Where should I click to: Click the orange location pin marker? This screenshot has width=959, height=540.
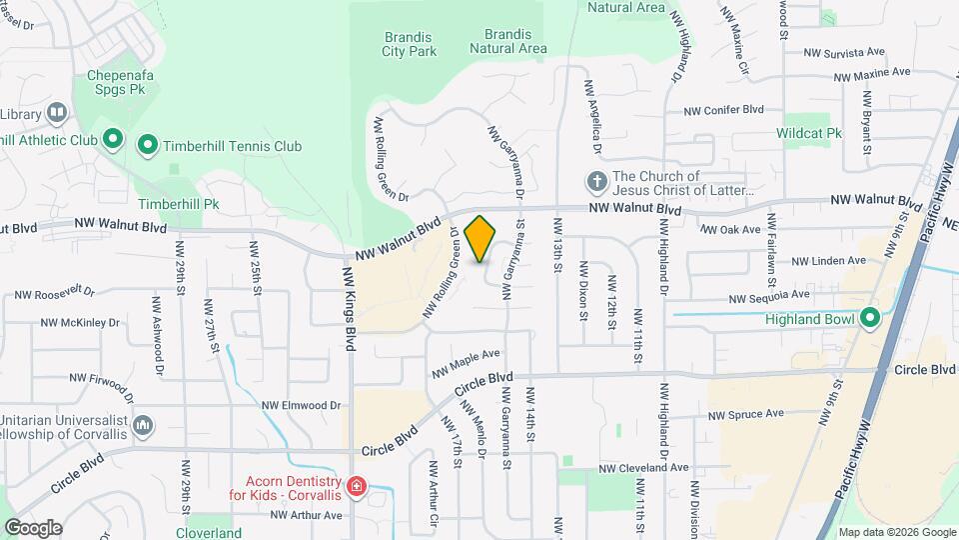point(480,238)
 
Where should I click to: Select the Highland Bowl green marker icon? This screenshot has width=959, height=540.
point(869,319)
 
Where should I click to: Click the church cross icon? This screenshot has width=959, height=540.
point(596,182)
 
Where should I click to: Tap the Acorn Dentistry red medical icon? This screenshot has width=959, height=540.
point(357,487)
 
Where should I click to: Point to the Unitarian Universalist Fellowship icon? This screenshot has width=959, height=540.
point(143,426)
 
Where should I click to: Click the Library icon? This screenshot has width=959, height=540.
point(56,114)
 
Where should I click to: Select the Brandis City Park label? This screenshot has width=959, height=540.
point(411,43)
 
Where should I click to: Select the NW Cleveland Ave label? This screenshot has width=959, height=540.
point(644,467)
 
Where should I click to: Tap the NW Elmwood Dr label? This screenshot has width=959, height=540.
point(301,405)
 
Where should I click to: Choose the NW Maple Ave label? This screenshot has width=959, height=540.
point(466,363)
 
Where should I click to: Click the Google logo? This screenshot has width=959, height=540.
point(32,527)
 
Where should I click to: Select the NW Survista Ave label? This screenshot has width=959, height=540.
point(845,51)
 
